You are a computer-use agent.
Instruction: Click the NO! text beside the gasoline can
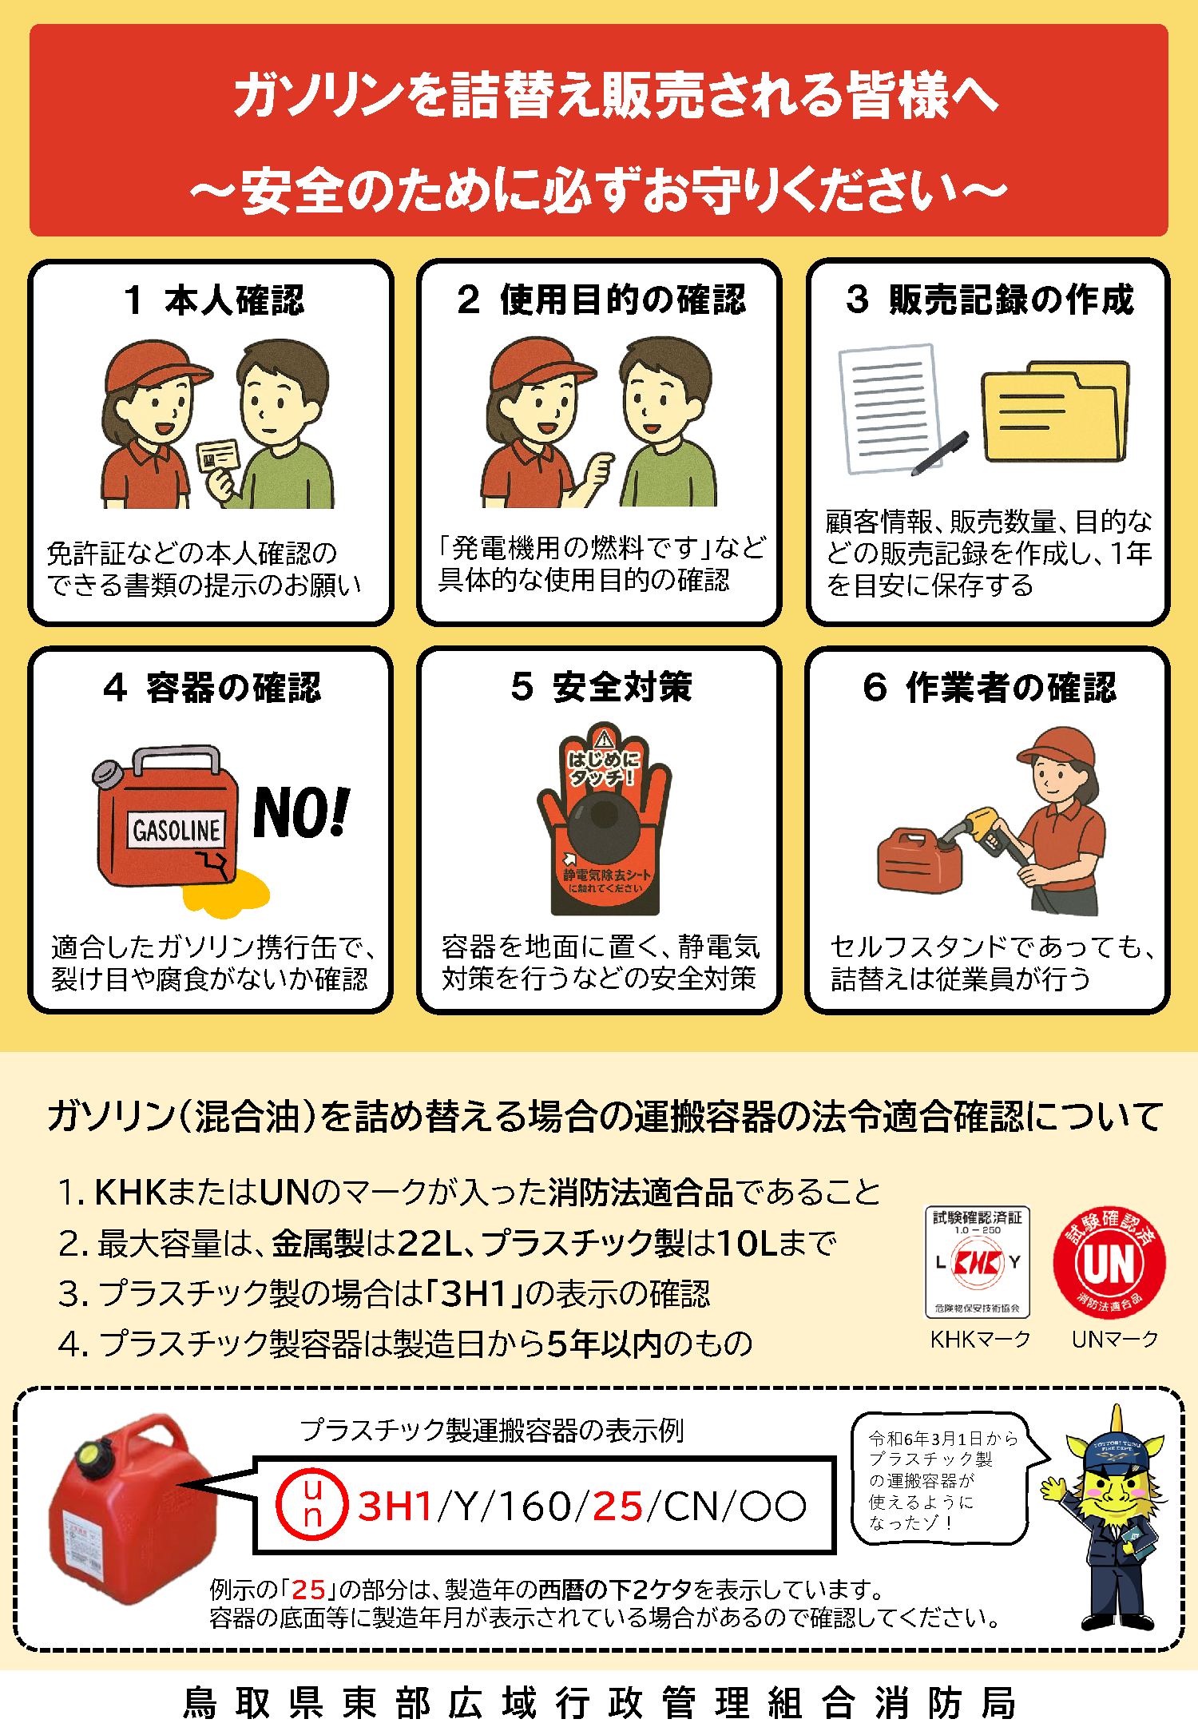[x=301, y=812]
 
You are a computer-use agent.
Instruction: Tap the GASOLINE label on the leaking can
[x=177, y=831]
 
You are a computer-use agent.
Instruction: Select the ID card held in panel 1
[x=218, y=456]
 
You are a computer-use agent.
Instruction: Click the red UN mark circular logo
[x=1109, y=1263]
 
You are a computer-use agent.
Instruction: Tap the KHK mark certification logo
[x=978, y=1262]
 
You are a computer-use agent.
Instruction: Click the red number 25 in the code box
[x=617, y=1507]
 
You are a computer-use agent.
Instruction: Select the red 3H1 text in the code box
[x=396, y=1507]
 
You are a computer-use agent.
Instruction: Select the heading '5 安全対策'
[x=601, y=687]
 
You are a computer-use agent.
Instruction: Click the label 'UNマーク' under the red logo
[x=1114, y=1340]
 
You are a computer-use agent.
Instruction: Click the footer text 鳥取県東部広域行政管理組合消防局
[x=599, y=1702]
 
